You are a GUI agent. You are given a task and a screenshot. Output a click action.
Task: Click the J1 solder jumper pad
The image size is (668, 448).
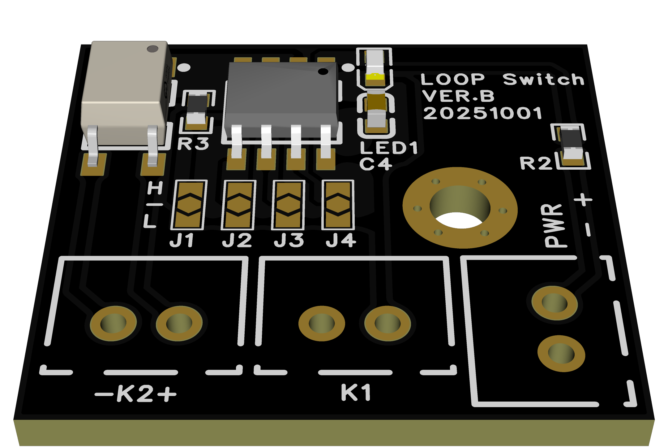point(189,205)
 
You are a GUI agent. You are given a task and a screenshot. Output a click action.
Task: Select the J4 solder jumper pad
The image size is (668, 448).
point(338,205)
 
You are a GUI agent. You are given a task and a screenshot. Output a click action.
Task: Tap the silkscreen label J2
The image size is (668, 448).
point(237,241)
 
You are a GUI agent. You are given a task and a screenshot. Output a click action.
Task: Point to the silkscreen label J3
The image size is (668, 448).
point(289,241)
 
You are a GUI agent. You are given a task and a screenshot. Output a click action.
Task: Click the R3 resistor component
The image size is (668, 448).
point(197,110)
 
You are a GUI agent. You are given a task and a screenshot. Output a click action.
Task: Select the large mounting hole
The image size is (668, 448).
point(460,207)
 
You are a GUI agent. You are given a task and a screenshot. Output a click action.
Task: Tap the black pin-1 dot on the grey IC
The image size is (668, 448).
point(323,72)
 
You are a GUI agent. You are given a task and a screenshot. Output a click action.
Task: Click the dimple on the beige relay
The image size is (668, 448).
point(152,49)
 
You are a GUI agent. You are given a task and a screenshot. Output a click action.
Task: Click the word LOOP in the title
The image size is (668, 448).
point(453,79)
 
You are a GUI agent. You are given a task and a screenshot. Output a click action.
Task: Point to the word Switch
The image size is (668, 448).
point(543,79)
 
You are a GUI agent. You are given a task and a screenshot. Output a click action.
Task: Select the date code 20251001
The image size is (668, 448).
point(482,113)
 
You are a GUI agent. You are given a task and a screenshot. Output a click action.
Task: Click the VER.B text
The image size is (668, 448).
point(458,96)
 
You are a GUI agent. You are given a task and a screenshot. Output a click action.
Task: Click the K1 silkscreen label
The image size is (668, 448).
point(356,393)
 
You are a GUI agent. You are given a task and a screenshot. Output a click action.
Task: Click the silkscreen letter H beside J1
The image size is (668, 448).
point(155,188)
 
